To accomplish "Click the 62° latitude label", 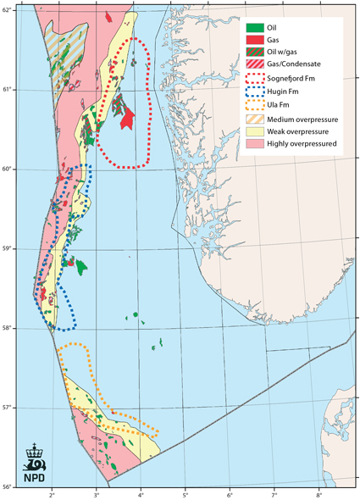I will coord(8,9).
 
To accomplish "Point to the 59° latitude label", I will coord(8,248).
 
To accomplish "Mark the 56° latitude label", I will coord(8,486).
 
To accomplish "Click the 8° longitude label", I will coord(319,493).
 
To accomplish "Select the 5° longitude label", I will coord(186,493).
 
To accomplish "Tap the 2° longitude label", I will coord(52,493).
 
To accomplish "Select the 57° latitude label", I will coord(8,408).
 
